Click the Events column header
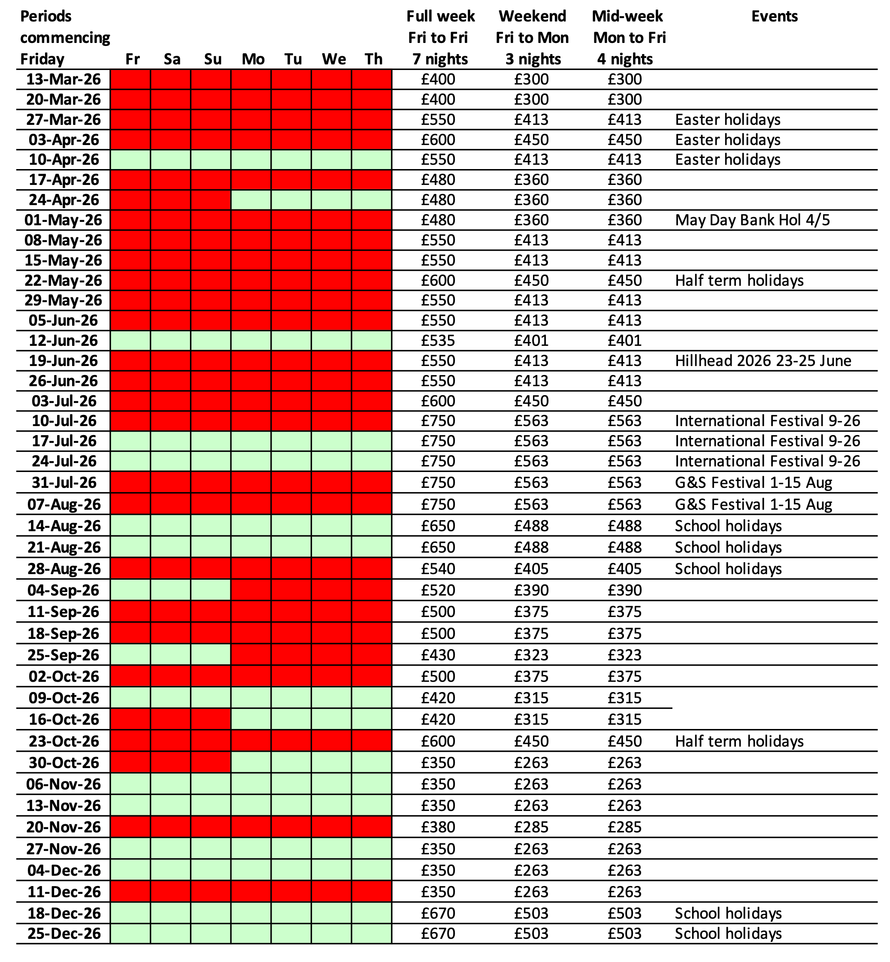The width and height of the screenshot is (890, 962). click(774, 16)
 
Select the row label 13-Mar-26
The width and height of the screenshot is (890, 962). click(63, 79)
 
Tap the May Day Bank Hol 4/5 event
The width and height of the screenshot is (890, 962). click(752, 220)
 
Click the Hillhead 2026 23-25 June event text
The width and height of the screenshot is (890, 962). click(763, 360)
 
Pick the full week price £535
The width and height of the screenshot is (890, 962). click(438, 340)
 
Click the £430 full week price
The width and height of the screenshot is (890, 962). click(438, 655)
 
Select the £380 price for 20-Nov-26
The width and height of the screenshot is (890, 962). click(438, 827)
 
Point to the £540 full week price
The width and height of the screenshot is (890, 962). click(438, 569)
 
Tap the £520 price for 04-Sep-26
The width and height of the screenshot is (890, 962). click(438, 590)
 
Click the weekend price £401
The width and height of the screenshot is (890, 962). click(531, 340)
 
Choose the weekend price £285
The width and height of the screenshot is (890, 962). click(531, 827)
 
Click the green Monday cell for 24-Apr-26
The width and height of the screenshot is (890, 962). click(251, 200)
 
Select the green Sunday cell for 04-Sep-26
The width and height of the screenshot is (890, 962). click(210, 590)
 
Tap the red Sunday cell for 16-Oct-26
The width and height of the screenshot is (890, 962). click(210, 719)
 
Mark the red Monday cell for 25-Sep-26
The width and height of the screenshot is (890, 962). click(251, 655)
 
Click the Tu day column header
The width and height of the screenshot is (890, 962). click(293, 59)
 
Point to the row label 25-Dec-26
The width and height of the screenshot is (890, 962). click(64, 934)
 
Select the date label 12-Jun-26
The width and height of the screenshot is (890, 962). click(63, 340)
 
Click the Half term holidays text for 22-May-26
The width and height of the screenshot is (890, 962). click(739, 280)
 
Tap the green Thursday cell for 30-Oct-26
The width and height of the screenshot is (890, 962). click(372, 762)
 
